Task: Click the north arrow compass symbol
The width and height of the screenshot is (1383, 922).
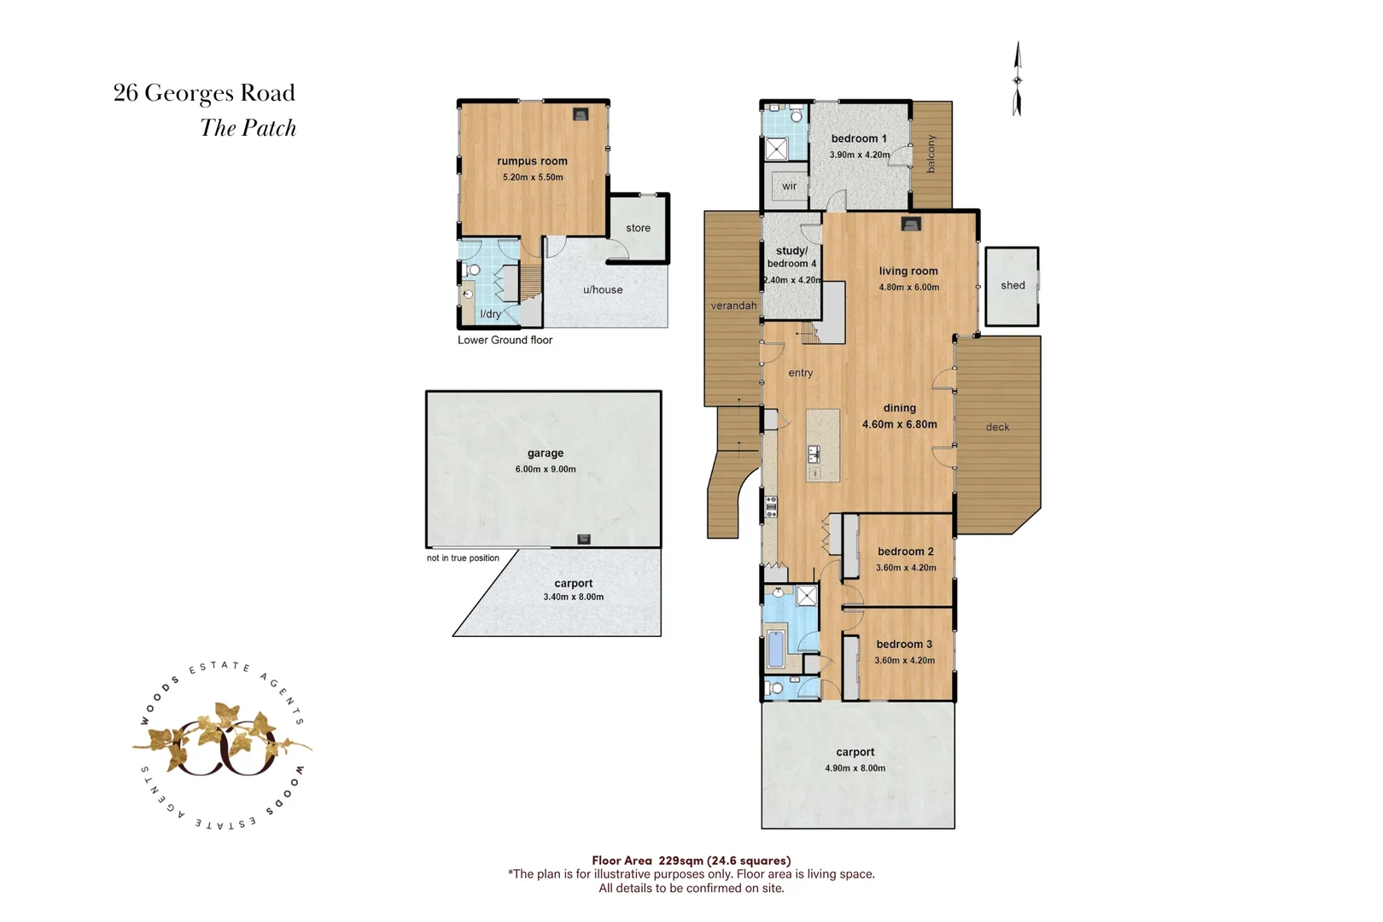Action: tap(1017, 79)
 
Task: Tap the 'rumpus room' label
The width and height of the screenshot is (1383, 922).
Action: tap(532, 161)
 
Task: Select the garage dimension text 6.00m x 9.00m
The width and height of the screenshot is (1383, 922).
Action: tap(546, 470)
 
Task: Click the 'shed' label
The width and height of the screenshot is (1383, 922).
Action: tap(1012, 285)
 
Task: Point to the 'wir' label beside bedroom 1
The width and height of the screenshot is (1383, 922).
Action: tap(789, 186)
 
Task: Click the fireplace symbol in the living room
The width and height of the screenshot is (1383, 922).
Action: tap(912, 225)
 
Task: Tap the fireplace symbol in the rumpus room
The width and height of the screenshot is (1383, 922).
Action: tap(580, 114)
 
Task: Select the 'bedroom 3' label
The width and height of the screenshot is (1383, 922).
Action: tap(904, 645)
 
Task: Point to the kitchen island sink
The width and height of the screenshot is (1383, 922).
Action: tap(814, 455)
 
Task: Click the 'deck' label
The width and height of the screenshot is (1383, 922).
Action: tap(997, 427)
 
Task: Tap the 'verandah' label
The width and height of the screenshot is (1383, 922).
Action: tap(733, 306)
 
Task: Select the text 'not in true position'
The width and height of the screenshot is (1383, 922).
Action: tap(463, 558)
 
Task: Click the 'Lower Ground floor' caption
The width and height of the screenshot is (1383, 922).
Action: tap(505, 340)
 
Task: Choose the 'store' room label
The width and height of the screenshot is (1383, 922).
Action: tap(638, 228)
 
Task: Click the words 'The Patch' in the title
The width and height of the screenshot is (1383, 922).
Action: tap(248, 128)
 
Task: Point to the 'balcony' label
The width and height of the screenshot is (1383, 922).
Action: tap(931, 154)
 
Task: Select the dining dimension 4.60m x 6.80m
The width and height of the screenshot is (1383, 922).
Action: tap(899, 424)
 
